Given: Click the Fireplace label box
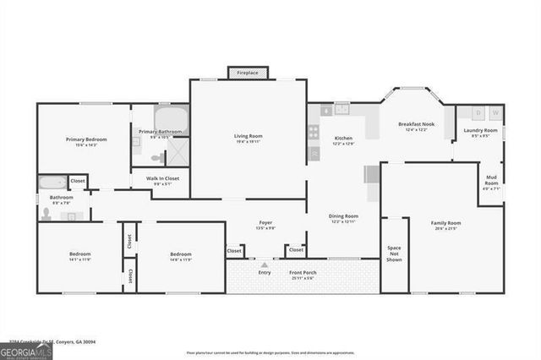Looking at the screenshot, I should click(x=248, y=73).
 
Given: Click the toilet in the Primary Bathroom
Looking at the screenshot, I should click(x=157, y=157).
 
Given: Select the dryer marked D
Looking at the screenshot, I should click(x=478, y=113).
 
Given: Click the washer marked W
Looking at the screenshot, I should click(x=495, y=113).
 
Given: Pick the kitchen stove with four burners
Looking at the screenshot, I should click(x=314, y=132).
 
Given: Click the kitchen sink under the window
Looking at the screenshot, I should click(x=342, y=109).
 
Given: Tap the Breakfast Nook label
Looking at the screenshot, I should click(x=416, y=124).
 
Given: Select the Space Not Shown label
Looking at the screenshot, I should click(x=393, y=252).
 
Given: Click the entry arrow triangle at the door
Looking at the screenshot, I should click(x=265, y=265).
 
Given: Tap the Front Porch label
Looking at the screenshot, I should click(x=302, y=272).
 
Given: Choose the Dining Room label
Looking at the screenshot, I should click(x=343, y=215).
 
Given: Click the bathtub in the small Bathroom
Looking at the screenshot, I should click(x=52, y=182).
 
